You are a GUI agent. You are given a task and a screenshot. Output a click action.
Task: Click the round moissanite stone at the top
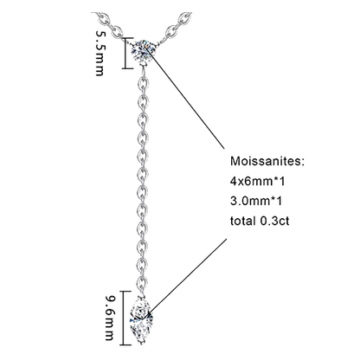(142, 50)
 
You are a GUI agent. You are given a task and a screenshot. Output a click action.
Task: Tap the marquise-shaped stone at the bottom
(141, 318)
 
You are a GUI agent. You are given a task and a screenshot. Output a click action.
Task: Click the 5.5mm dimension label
(100, 53)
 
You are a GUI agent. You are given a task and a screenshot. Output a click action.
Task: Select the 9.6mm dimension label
(110, 318)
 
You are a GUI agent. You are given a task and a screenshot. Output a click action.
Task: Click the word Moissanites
(267, 161)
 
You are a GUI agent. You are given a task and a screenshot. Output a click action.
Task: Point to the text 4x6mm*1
(258, 181)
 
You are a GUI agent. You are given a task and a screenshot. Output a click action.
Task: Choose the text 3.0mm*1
(256, 201)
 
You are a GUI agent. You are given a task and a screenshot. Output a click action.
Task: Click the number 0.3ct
(275, 221)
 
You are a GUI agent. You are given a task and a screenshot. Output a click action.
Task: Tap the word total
(242, 221)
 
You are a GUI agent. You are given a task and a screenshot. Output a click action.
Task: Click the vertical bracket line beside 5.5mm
(125, 53)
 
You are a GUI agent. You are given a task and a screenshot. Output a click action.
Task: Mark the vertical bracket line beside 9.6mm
(125, 318)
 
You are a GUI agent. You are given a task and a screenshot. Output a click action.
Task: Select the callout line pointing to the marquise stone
(187, 276)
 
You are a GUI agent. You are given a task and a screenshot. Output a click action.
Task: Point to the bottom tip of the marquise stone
(141, 344)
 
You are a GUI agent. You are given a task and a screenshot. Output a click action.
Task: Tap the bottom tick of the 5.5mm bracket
(127, 68)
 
